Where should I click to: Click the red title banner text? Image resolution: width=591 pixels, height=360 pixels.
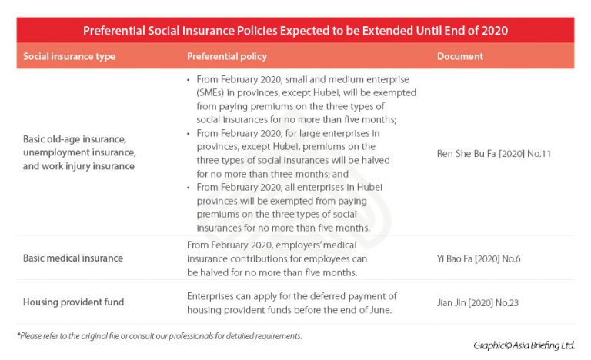click(295, 31)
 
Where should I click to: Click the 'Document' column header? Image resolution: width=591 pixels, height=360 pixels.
click(460, 56)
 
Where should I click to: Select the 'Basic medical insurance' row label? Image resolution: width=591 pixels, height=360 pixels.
click(73, 258)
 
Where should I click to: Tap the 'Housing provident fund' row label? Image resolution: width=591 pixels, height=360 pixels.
click(73, 302)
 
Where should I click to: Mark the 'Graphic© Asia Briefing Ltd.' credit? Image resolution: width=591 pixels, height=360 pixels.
click(523, 345)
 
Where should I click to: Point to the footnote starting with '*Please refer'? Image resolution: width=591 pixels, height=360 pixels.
click(159, 336)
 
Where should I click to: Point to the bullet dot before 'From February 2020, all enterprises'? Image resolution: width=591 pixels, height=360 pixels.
click(189, 188)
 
